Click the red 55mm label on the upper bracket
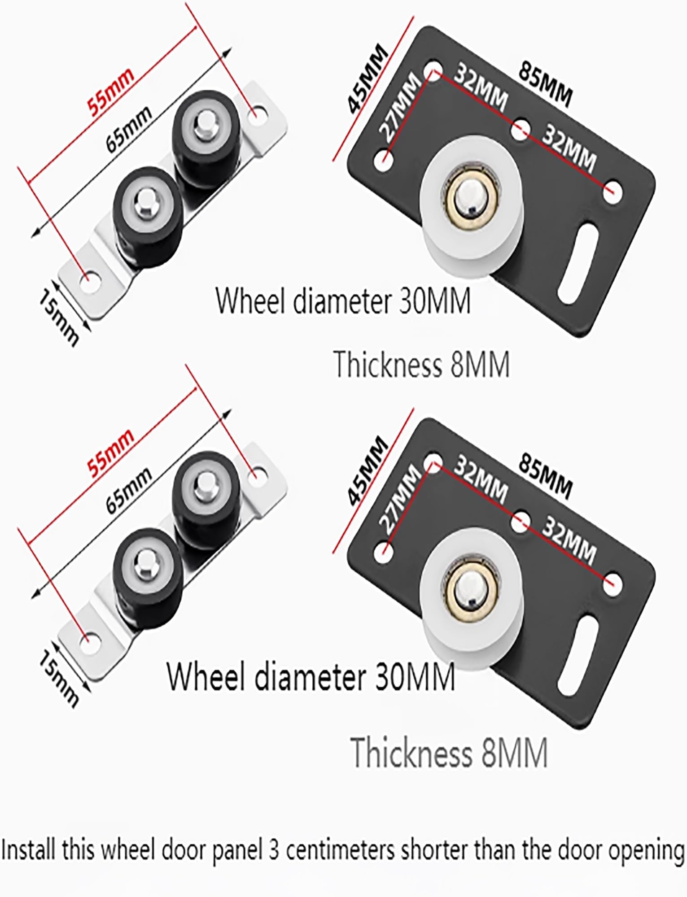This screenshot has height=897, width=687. click(111, 91)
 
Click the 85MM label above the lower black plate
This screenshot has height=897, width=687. click(546, 477)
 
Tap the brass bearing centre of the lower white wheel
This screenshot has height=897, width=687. click(468, 588)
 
